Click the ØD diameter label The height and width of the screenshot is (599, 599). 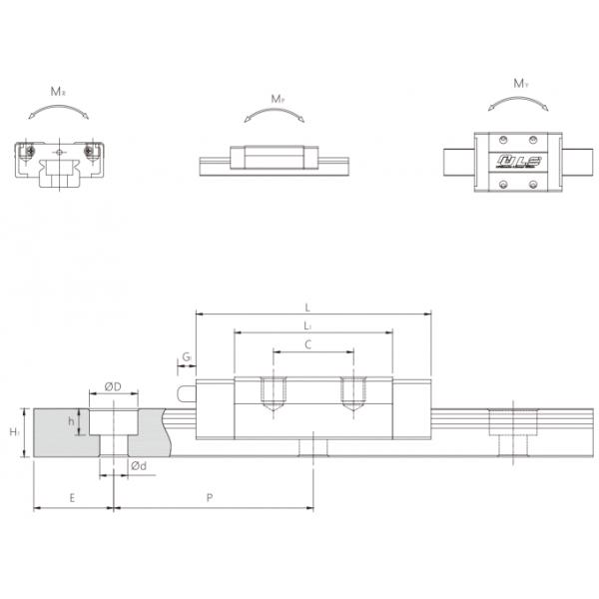(113, 386)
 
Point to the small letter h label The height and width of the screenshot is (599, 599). (71, 421)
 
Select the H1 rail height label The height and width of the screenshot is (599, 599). (12, 432)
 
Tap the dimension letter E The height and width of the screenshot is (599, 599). (72, 495)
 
